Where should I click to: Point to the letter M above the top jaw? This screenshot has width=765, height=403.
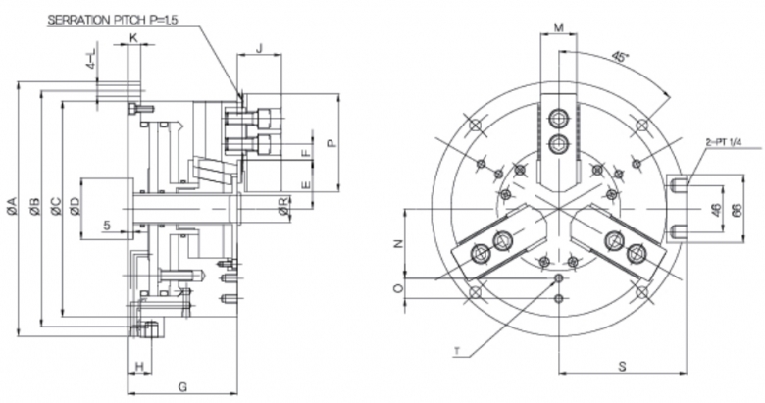pos(559,27)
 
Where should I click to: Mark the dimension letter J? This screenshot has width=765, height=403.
pos(259,47)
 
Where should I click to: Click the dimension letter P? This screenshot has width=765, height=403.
pos(331,143)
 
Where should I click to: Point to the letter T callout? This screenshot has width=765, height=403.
pos(457,350)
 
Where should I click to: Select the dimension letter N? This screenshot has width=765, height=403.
pos(396,244)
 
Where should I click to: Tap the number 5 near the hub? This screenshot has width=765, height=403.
pos(106,225)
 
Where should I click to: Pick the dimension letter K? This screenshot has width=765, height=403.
pos(133,37)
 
